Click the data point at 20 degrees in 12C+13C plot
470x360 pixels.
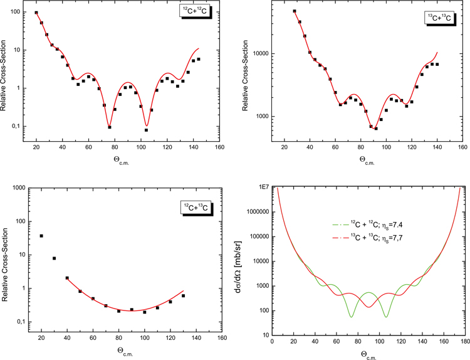[41, 236]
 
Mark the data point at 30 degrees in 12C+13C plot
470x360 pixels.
[54, 258]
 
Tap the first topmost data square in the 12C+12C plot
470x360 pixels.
[36, 13]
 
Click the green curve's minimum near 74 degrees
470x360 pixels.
[351, 317]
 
